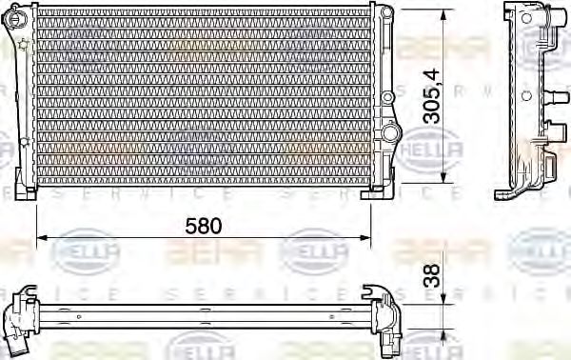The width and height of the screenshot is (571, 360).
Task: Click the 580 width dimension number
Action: tap(203, 226)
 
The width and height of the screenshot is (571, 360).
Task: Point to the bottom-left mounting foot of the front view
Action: tap(30, 193)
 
